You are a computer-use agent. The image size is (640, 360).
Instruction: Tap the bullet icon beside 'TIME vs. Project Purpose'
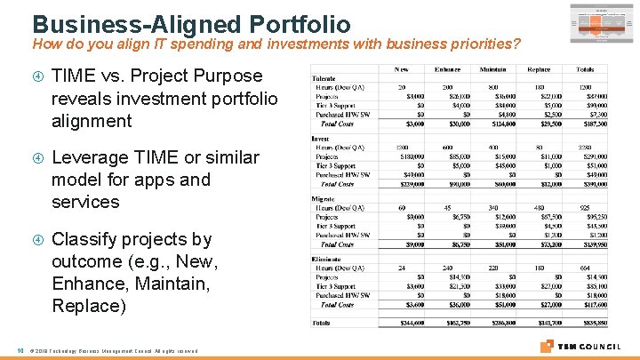click(36, 76)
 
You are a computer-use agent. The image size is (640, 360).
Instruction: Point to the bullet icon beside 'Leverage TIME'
click(36, 158)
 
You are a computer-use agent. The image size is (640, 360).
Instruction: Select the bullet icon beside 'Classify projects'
click(36, 240)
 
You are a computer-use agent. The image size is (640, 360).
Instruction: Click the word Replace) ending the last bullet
click(90, 306)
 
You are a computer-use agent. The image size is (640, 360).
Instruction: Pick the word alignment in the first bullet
click(92, 121)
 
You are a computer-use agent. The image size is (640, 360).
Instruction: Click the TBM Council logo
click(582, 346)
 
